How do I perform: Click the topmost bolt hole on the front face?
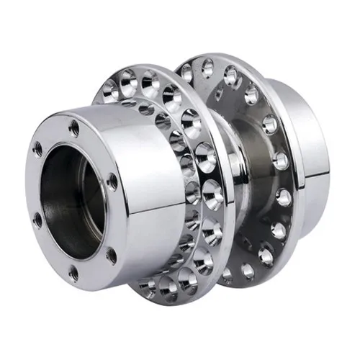click(73, 128)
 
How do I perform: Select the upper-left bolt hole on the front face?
click(37, 150)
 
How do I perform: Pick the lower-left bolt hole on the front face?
click(37, 220)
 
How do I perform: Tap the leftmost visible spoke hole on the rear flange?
click(186, 72)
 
